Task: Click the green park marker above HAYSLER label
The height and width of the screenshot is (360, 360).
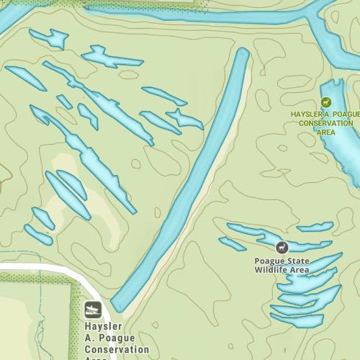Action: tap(327, 102)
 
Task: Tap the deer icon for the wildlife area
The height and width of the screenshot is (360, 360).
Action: tap(282, 247)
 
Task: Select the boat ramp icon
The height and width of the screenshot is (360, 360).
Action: tap(93, 310)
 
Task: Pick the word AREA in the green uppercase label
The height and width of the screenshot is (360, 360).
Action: tap(326, 132)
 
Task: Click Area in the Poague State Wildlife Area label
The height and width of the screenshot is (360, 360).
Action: tap(299, 270)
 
